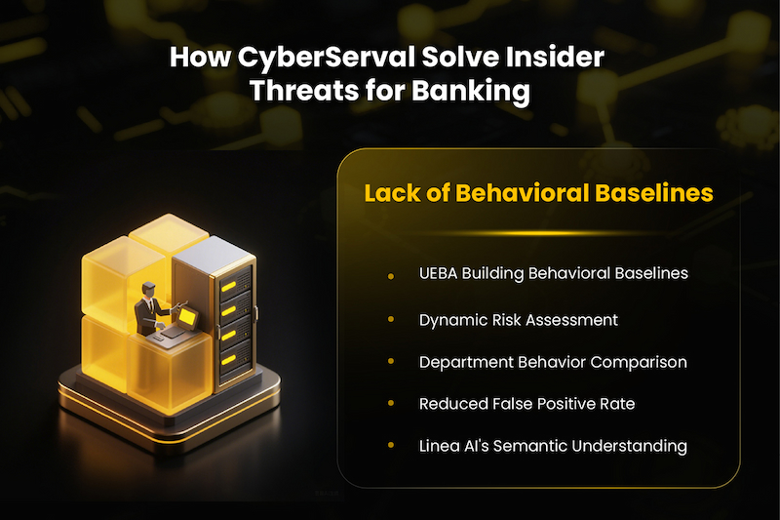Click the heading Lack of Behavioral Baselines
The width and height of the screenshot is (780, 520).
pyautogui.click(x=539, y=193)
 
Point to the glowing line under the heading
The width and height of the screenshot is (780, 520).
pyautogui.click(x=538, y=233)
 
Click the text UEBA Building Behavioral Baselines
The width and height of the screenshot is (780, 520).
pyautogui.click(x=554, y=273)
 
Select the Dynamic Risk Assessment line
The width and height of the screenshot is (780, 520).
pyautogui.click(x=518, y=319)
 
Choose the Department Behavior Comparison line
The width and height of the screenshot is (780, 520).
pyautogui.click(x=553, y=362)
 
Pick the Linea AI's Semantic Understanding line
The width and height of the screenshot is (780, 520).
pyautogui.click(x=553, y=446)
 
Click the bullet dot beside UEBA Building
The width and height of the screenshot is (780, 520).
pyautogui.click(x=390, y=277)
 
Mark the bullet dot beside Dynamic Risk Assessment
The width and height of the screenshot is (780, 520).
pyautogui.click(x=390, y=320)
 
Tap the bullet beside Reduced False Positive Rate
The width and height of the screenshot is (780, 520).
pyautogui.click(x=390, y=403)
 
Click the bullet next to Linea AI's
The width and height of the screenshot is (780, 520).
pyautogui.click(x=390, y=446)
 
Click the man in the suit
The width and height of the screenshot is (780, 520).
pyautogui.click(x=151, y=307)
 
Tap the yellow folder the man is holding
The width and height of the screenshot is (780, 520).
pyautogui.click(x=182, y=315)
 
